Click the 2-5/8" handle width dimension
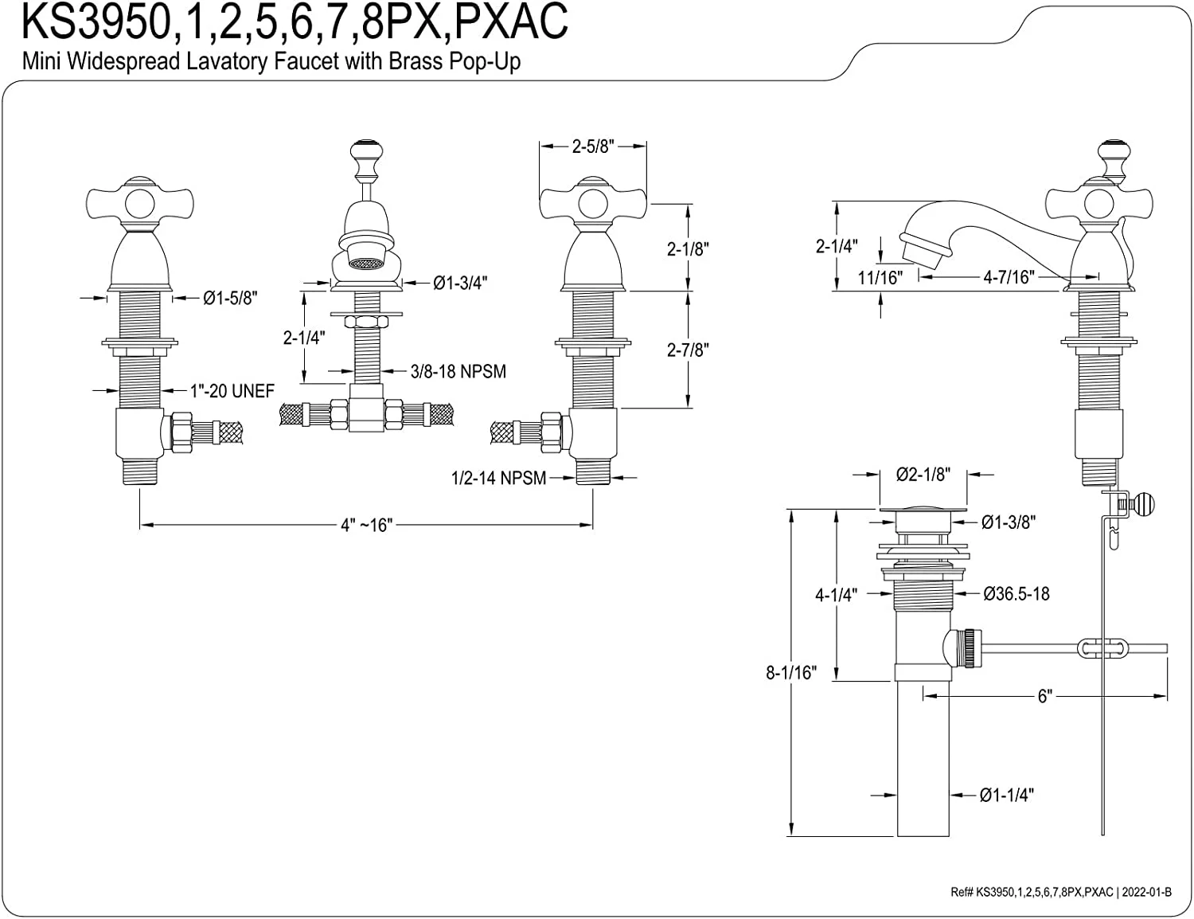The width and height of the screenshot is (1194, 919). pyautogui.click(x=592, y=147)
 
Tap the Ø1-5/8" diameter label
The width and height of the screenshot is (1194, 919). pyautogui.click(x=230, y=298)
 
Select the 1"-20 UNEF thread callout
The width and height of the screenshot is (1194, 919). pyautogui.click(x=232, y=391)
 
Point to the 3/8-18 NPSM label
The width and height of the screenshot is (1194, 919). pyautogui.click(x=458, y=371)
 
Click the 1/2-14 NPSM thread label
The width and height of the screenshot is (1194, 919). pyautogui.click(x=499, y=478)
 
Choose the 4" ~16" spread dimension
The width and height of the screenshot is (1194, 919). pyautogui.click(x=367, y=525)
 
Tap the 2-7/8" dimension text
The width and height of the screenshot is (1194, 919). pyautogui.click(x=688, y=350)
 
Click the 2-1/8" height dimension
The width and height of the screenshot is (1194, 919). pyautogui.click(x=688, y=248)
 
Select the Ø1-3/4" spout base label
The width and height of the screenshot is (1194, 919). pyautogui.click(x=460, y=282)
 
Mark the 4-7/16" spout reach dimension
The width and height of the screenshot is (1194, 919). pyautogui.click(x=1008, y=277)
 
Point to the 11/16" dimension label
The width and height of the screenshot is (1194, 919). pyautogui.click(x=880, y=277)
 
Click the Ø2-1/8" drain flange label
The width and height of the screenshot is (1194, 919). pyautogui.click(x=923, y=475)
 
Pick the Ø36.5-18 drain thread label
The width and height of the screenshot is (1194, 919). pyautogui.click(x=1016, y=593)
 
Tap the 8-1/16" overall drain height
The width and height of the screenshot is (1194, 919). pyautogui.click(x=791, y=673)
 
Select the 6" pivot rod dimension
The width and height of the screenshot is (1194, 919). pyautogui.click(x=1044, y=696)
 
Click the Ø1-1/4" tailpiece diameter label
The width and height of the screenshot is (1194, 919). pyautogui.click(x=1007, y=795)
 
